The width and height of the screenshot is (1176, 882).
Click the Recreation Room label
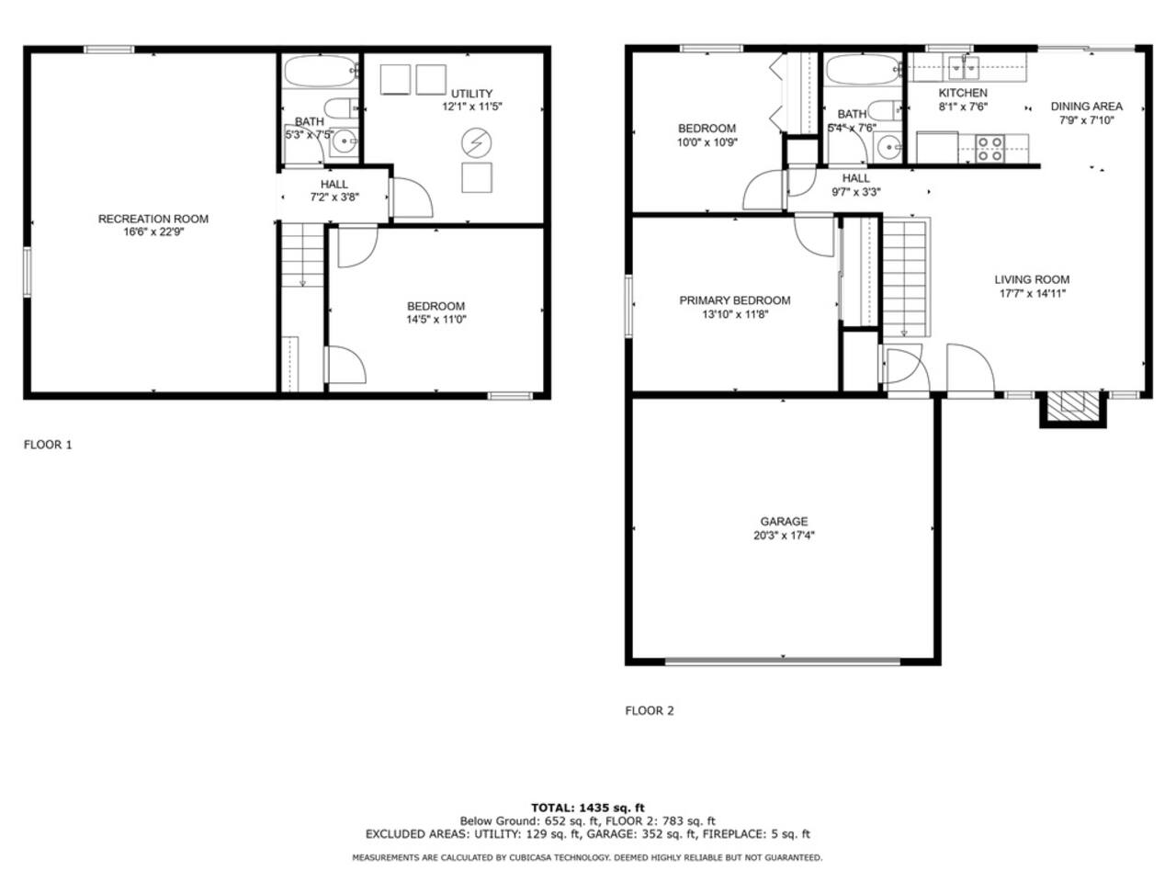pos(153,219)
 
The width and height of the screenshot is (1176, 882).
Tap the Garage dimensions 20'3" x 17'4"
pos(784,535)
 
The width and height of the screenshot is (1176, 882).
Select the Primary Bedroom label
pos(734,300)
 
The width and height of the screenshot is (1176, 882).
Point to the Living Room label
pos(1032,279)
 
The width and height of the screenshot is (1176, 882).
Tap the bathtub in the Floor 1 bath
pos(321,72)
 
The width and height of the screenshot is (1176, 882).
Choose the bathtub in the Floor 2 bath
pos(863,70)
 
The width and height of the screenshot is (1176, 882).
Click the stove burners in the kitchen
pos(989,149)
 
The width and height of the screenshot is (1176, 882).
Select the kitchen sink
pos(964,68)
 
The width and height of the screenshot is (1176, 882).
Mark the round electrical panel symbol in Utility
pos(476,142)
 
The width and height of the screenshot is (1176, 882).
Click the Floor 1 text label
pos(48,445)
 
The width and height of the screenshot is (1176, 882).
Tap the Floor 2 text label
pos(650,710)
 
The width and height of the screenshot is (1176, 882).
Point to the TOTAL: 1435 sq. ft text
pos(588,808)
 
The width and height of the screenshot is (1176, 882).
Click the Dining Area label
pos(1087,107)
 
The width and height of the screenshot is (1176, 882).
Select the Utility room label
pos(471,94)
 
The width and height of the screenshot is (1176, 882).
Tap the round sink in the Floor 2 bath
pos(888,146)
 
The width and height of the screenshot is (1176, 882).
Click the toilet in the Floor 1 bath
pos(341,108)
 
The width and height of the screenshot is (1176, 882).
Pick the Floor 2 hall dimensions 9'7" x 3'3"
pos(856,192)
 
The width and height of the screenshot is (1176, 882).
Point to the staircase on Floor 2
pos(906,277)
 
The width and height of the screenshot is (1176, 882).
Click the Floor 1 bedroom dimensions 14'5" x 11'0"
pos(436,320)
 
